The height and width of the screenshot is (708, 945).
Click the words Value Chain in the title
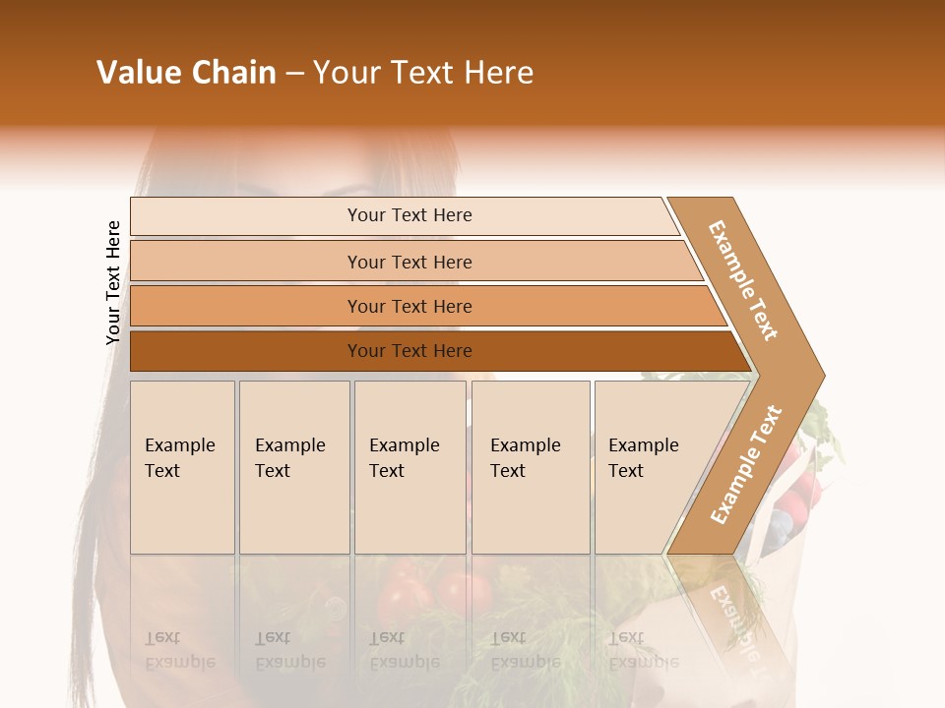[186, 73]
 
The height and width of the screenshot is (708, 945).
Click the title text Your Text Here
[423, 73]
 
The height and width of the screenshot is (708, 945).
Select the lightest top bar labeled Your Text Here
[409, 215]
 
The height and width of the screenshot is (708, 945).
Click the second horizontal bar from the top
[409, 262]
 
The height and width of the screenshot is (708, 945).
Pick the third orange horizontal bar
[409, 306]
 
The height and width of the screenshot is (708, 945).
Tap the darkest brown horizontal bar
[409, 351]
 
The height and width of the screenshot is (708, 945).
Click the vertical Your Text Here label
[113, 282]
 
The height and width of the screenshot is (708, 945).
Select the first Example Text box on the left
[182, 467]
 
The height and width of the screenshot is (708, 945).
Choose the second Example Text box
[293, 467]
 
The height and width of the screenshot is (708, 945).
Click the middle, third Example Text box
[409, 467]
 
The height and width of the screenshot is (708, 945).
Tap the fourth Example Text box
[530, 467]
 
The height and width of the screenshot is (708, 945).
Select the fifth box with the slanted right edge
[650, 467]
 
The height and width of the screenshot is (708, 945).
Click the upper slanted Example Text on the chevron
[743, 280]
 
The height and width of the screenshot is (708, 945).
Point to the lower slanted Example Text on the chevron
[746, 464]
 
